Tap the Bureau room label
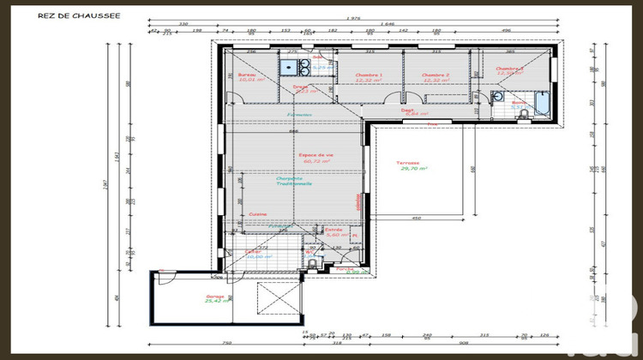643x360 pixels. (248, 75)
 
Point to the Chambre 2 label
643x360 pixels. (436, 75)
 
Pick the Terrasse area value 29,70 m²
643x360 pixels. (413, 170)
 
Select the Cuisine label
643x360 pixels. (257, 213)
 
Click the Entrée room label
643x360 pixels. (334, 231)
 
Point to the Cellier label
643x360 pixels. (253, 251)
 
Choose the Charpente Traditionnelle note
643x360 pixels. (294, 181)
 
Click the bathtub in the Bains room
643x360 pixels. (544, 104)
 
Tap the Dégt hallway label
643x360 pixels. (409, 110)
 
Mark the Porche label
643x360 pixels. (345, 268)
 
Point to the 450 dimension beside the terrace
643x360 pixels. (417, 218)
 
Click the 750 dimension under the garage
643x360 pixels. (225, 343)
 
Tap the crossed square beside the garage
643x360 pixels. (279, 300)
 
